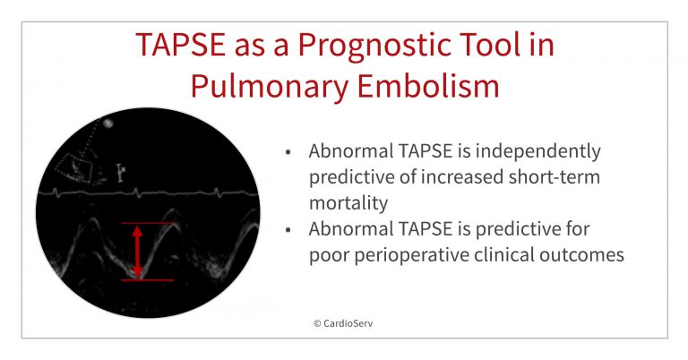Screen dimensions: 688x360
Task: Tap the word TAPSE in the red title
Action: tap(180, 44)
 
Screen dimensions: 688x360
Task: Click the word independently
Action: tap(538, 152)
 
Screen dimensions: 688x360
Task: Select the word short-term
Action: tap(555, 177)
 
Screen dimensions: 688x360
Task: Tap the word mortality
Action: tap(348, 203)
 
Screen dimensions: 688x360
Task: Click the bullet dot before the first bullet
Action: tap(288, 152)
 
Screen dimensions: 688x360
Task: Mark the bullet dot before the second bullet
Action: tap(288, 230)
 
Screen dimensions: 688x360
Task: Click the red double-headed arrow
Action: tap(137, 252)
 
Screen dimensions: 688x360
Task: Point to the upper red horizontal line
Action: tap(148, 223)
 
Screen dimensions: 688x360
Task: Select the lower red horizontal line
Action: tap(148, 279)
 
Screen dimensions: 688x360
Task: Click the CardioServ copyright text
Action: tap(343, 323)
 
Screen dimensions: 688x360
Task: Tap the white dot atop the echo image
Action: tap(107, 124)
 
